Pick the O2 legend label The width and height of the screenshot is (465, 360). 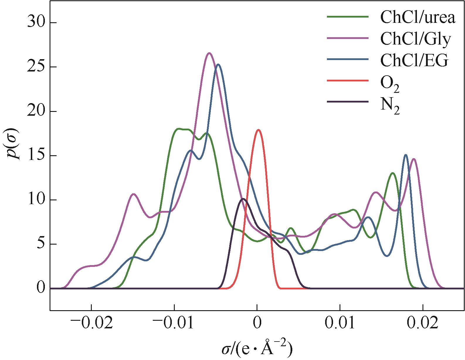tap(390, 83)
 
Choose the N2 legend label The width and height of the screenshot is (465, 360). tap(390, 106)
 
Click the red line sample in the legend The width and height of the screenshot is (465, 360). tap(347, 80)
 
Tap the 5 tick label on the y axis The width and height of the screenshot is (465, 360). tap(41, 244)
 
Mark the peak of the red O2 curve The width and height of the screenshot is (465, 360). tap(258, 130)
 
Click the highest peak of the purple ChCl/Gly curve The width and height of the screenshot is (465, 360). tap(209, 53)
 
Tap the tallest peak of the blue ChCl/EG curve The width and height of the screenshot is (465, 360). tap(218, 64)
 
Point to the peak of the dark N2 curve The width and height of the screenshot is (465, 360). tap(243, 199)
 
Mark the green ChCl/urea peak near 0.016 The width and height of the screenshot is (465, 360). tap(392, 173)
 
